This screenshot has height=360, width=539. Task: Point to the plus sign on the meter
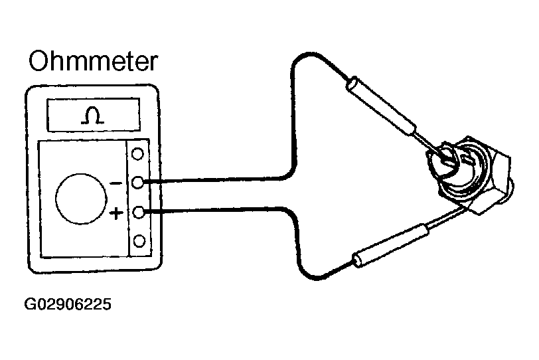pos(116,213)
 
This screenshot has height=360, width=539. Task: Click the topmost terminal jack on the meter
pos(138,154)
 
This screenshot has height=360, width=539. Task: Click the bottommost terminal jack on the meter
pos(138,240)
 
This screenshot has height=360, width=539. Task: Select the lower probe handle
pos(388,244)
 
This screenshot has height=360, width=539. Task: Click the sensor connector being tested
pos(469,173)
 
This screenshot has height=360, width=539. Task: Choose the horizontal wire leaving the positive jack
pos(212,211)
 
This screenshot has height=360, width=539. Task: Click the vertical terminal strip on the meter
pos(138,197)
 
